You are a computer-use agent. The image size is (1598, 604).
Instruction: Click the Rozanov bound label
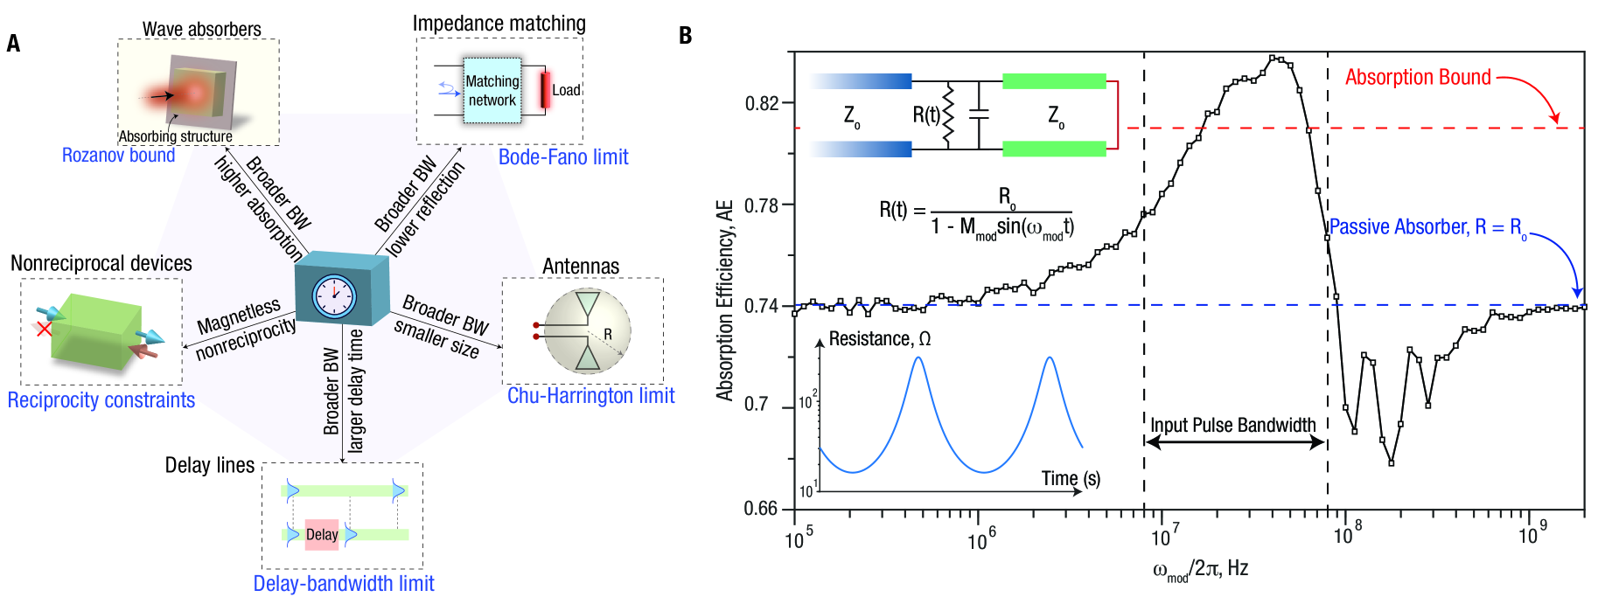(118, 156)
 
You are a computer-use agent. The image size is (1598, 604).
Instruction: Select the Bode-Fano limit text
(563, 157)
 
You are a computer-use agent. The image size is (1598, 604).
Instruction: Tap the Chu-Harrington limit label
(590, 396)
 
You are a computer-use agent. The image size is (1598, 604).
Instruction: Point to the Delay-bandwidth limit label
(343, 583)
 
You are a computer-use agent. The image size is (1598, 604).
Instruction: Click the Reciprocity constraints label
(101, 400)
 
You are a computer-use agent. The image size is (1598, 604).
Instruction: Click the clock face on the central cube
(334, 296)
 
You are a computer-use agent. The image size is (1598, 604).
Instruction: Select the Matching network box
(492, 90)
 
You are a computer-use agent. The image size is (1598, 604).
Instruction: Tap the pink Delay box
(321, 534)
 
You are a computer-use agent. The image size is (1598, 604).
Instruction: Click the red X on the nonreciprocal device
(43, 329)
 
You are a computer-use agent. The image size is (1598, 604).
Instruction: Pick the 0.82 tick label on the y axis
(761, 103)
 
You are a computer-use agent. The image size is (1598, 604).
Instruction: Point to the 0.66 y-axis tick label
(761, 509)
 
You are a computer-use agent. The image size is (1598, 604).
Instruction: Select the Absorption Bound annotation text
(1417, 78)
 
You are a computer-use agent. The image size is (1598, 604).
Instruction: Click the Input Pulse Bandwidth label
(1232, 426)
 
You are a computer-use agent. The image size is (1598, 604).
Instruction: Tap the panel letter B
(685, 36)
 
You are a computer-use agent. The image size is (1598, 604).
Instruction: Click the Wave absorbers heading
(201, 29)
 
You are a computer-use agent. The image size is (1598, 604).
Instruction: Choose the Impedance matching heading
(499, 24)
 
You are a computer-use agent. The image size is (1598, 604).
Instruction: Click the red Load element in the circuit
(545, 90)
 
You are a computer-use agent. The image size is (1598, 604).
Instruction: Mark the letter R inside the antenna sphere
(608, 334)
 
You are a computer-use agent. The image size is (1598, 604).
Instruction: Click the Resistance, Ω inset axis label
(879, 339)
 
